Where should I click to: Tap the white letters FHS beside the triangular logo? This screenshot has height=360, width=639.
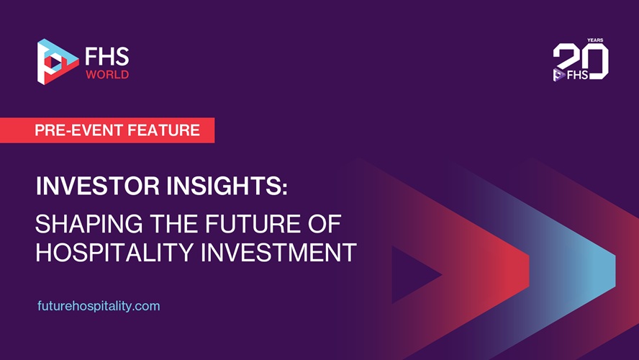click(106, 57)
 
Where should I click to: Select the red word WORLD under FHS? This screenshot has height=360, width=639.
click(107, 75)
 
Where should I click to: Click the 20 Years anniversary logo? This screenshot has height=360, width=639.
click(581, 60)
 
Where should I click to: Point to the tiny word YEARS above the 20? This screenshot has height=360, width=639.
click(595, 40)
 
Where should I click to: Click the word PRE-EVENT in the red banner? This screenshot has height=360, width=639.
click(78, 130)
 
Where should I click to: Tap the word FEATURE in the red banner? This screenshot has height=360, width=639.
click(164, 130)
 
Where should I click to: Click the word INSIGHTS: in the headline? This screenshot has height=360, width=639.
click(227, 186)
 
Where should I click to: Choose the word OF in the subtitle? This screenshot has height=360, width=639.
click(325, 224)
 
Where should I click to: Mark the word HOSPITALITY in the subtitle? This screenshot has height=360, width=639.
click(114, 253)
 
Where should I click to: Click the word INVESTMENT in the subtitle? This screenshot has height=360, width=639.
click(278, 253)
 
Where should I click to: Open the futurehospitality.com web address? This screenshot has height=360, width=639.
click(99, 306)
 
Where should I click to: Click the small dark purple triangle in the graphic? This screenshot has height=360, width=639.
click(412, 275)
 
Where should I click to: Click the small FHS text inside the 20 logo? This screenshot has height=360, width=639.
click(578, 75)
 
